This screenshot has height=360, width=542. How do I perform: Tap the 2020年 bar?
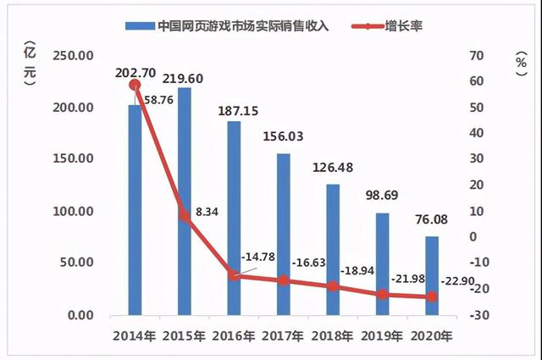pyautogui.click(x=432, y=275)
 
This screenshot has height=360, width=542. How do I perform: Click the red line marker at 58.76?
pyautogui.click(x=135, y=85)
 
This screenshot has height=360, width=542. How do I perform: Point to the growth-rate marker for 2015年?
pyautogui.click(x=184, y=216)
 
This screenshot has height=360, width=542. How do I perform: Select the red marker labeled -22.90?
pyautogui.click(x=432, y=296)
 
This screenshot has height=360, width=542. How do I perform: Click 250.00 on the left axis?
pyautogui.click(x=75, y=56)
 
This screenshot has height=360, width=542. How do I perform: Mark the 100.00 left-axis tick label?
pyautogui.click(x=75, y=211)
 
